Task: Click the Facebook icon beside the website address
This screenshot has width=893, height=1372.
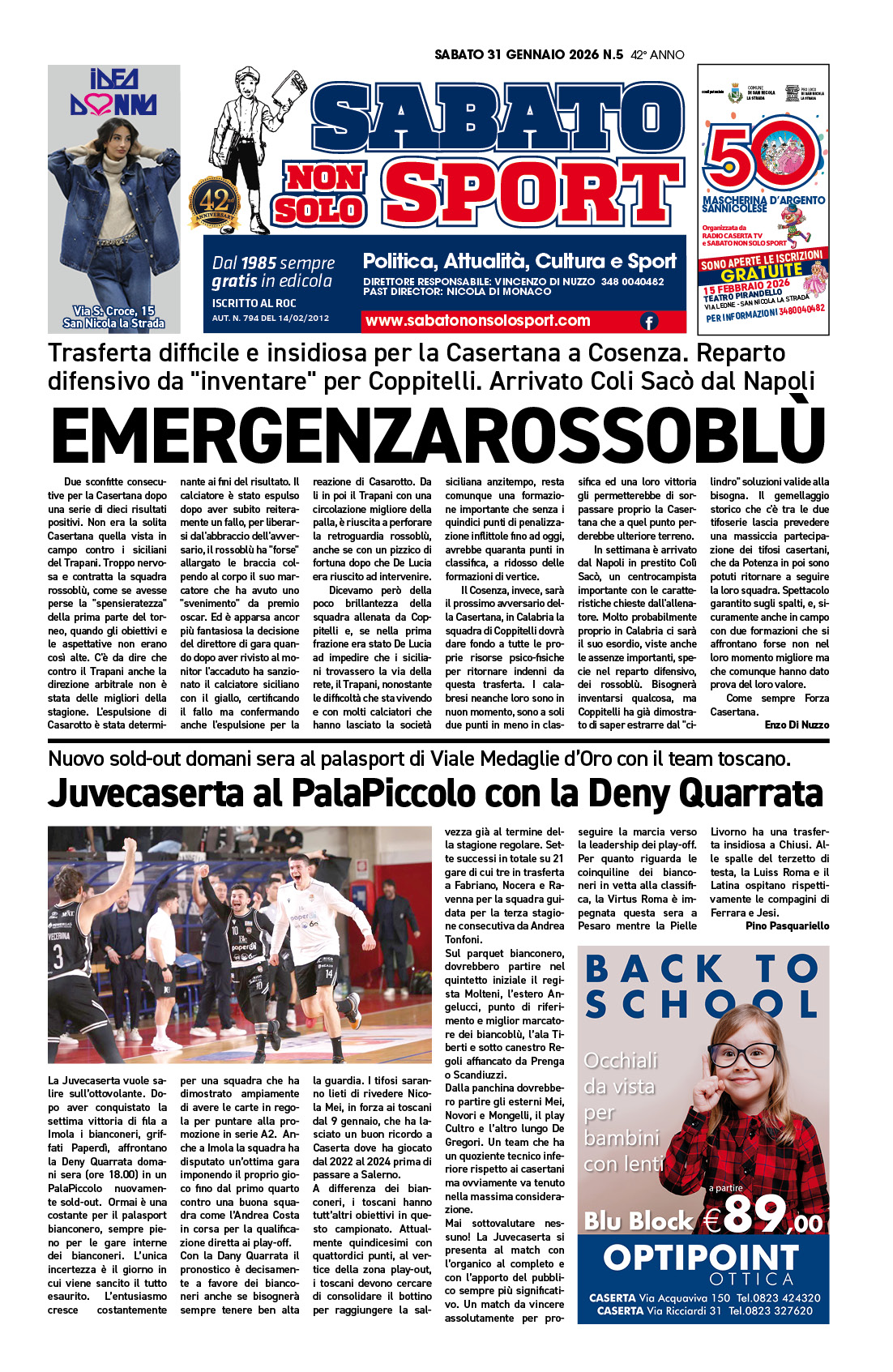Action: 649,322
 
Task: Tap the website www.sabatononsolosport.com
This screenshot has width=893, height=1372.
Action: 477,321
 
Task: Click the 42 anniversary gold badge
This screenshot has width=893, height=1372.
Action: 215,203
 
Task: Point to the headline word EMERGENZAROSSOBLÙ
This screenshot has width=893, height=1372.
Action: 438,436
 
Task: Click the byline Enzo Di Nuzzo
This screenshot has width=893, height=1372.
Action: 797,724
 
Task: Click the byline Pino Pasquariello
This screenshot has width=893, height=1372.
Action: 787,925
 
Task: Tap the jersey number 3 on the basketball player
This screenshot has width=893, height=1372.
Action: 58,957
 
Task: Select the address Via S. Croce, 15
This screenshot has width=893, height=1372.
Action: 113,311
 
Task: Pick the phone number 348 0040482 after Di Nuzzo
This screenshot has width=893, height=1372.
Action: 632,282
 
